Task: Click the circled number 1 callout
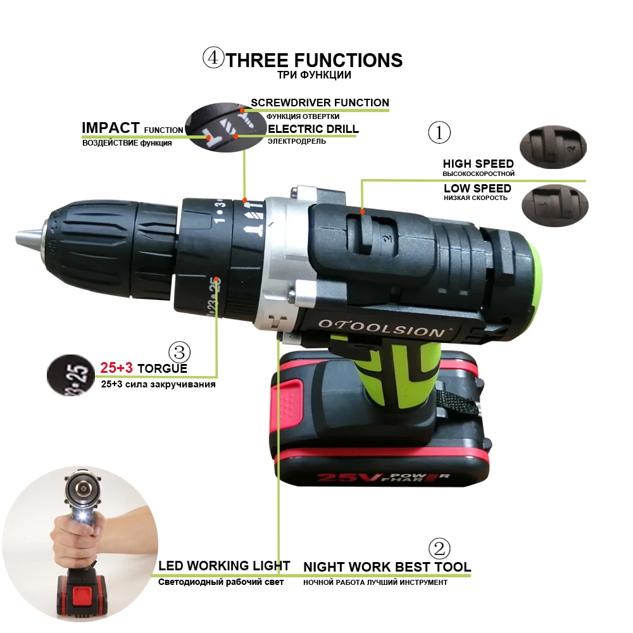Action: pyautogui.click(x=439, y=132)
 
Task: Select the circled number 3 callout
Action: pyautogui.click(x=179, y=352)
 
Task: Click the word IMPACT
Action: pyautogui.click(x=110, y=128)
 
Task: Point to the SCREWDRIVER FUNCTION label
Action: pyautogui.click(x=320, y=103)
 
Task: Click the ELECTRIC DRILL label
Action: pyautogui.click(x=313, y=128)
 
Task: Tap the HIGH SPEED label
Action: pyautogui.click(x=478, y=164)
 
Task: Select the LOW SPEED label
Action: pyautogui.click(x=477, y=189)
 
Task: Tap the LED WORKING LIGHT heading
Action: pyautogui.click(x=224, y=565)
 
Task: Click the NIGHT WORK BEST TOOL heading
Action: pyautogui.click(x=387, y=567)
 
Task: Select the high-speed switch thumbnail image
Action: pyautogui.click(x=553, y=147)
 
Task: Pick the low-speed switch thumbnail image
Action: pyautogui.click(x=555, y=204)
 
